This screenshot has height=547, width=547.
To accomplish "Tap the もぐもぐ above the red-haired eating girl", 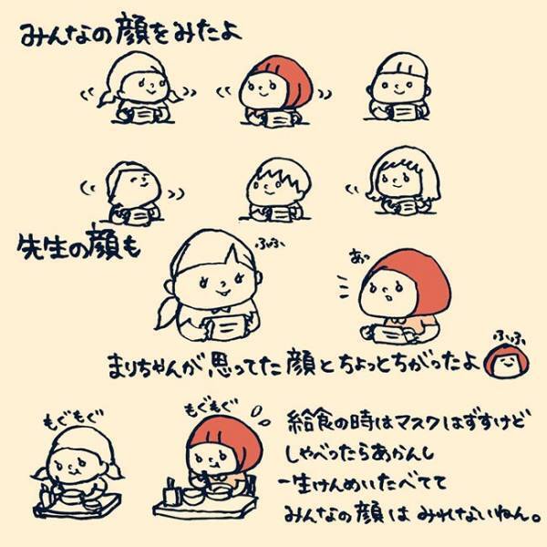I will point(206,407).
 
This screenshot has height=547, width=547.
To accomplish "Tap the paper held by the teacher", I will point(222,323).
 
